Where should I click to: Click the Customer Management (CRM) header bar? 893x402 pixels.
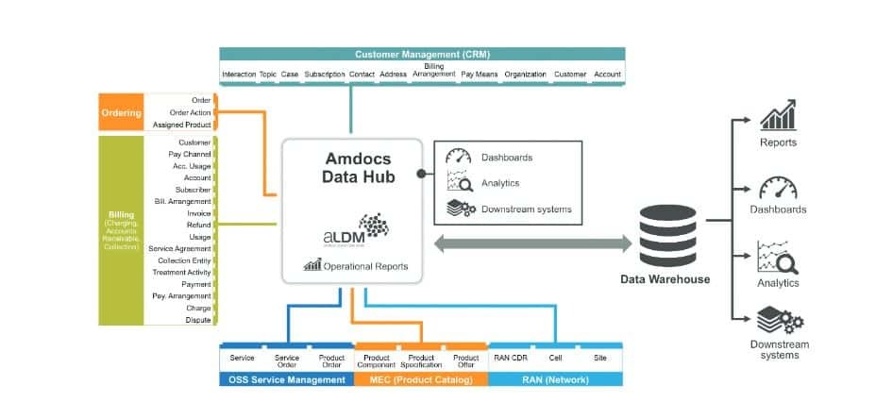[x=421, y=54]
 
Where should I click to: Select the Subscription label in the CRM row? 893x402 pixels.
[x=325, y=74]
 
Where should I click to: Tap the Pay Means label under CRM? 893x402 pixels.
[x=480, y=74]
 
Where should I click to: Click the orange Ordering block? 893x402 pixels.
[x=121, y=113]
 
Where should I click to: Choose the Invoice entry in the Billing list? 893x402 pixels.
[x=198, y=213]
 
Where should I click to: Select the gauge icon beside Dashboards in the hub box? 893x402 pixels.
[x=458, y=157]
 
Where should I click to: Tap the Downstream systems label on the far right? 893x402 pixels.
[x=779, y=350]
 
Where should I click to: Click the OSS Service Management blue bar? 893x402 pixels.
[x=286, y=379]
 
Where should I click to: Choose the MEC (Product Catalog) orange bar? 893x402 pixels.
[x=421, y=379]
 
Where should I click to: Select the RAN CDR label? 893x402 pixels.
[x=510, y=359]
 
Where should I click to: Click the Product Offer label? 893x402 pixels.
[x=465, y=361]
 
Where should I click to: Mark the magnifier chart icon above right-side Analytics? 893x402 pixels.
[x=777, y=257]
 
